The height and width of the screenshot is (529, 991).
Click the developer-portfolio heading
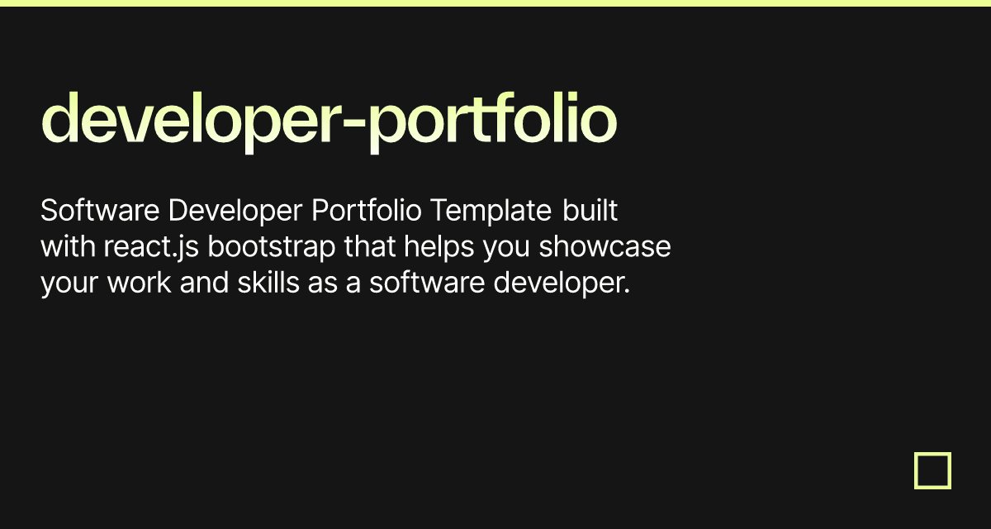click(x=329, y=121)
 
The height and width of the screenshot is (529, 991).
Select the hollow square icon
click(x=932, y=470)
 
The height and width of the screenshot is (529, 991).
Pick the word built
click(x=590, y=212)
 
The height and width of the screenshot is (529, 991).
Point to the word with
click(x=67, y=247)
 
